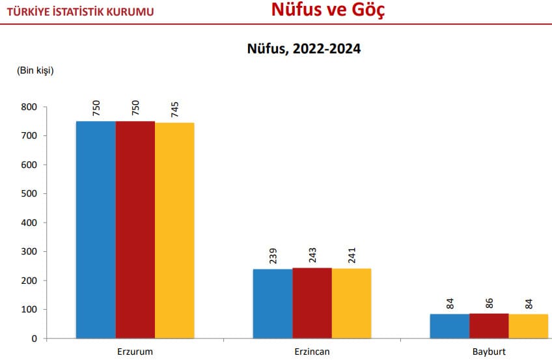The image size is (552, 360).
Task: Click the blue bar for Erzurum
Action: click(x=96, y=230)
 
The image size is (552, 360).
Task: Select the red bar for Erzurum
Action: click(x=135, y=230)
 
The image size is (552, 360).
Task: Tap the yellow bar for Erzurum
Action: click(x=174, y=230)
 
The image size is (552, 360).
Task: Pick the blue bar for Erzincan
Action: click(x=273, y=303)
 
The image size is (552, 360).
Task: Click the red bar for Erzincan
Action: click(x=312, y=303)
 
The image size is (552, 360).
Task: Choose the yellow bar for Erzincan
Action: click(x=352, y=303)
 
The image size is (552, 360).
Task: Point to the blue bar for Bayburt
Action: click(x=450, y=326)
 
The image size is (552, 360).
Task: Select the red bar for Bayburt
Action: click(x=489, y=325)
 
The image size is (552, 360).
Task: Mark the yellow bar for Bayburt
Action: click(x=529, y=326)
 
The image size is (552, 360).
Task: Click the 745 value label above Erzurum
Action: click(x=175, y=109)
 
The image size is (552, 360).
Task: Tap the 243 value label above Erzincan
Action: click(x=312, y=256)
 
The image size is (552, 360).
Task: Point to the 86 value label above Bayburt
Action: click(x=490, y=303)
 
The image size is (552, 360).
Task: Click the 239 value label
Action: click(x=273, y=257)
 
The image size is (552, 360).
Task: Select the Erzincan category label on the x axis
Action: click(x=312, y=352)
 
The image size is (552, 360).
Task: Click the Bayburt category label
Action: click(x=489, y=352)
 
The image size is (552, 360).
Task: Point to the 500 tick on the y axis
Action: click(x=29, y=193)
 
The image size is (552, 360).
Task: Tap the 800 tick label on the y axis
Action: click(x=29, y=107)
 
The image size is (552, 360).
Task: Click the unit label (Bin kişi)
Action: click(x=35, y=70)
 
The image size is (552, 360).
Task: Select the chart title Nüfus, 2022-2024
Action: click(x=303, y=49)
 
